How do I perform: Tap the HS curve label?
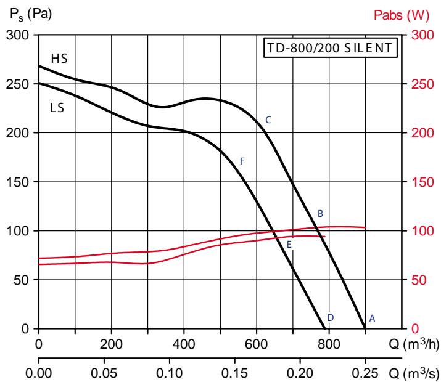[59, 59]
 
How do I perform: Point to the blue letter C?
[268, 120]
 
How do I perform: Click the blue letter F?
[242, 161]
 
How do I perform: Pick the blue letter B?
[320, 214]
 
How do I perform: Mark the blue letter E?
[289, 245]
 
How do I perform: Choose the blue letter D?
[331, 317]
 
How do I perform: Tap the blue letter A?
[372, 318]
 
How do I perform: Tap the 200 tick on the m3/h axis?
[111, 343]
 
